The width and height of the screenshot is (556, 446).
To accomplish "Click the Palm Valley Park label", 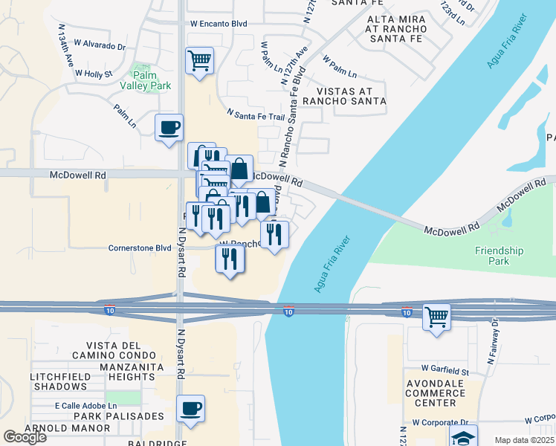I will point(151,85).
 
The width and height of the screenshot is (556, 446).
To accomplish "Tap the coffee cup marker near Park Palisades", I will point(190,408).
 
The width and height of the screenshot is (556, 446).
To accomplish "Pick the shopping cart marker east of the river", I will point(436,317).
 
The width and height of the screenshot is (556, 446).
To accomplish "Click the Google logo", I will point(25,436).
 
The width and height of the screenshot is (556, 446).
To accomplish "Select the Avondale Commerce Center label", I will point(435,392).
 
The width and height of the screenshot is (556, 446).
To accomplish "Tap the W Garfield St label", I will point(445,369).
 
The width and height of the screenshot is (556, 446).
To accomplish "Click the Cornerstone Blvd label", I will point(140,248).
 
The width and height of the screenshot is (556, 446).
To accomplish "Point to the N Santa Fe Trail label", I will point(255,116).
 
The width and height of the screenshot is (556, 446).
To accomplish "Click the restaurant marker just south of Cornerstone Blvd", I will point(230,259).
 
